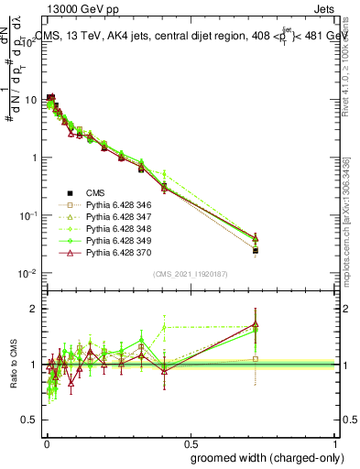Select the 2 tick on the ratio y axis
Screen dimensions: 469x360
33,309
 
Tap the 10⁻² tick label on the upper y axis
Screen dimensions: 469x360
27,273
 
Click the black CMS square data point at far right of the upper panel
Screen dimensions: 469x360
256,250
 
